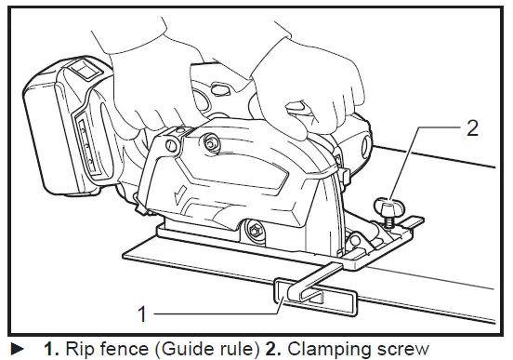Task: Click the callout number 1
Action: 142,314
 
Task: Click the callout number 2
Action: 472,128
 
